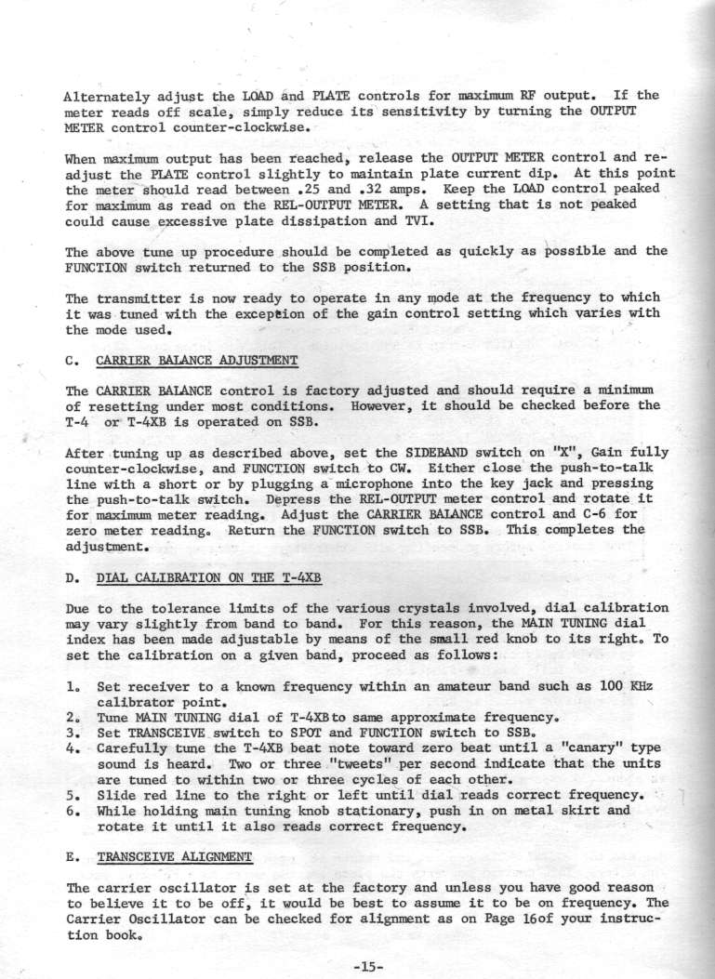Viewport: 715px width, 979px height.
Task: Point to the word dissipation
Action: [300, 223]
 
